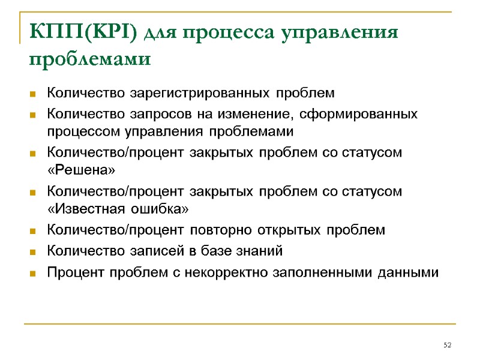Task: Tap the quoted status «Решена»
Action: pyautogui.click(x=80, y=171)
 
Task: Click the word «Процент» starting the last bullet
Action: pyautogui.click(x=73, y=272)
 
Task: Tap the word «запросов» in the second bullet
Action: pyautogui.click(x=151, y=113)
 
